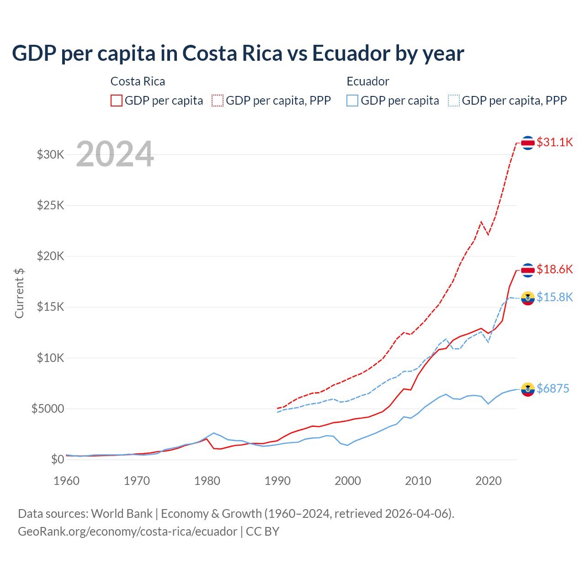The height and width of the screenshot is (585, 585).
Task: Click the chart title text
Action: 238,53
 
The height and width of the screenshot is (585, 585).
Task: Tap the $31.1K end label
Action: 554,142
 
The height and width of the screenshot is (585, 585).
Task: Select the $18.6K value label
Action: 554,269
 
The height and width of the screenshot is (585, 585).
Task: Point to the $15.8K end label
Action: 554,297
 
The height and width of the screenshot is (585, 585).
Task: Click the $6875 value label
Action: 553,388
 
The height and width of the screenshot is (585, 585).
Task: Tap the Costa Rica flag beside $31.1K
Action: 528,143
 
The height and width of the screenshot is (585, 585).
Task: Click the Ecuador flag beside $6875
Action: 528,389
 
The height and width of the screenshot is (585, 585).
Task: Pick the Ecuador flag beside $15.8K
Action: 528,298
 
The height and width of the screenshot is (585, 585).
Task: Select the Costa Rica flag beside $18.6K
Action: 528,270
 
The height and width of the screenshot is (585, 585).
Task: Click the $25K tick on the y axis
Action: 51,205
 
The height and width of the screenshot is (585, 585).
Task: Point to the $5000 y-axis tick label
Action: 48,409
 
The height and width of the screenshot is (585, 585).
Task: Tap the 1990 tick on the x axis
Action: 277,481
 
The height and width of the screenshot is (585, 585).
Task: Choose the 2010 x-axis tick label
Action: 418,481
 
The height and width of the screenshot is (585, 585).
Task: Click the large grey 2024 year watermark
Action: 115,154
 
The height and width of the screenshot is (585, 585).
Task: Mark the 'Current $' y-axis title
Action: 19,293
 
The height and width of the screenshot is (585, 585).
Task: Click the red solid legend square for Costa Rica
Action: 117,101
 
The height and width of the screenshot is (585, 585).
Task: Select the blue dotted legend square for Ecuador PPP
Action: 454,101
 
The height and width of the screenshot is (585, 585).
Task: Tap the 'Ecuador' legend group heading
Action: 367,81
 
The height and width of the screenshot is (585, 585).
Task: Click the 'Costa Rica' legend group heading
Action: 138,81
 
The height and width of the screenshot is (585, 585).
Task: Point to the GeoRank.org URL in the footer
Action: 128,532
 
